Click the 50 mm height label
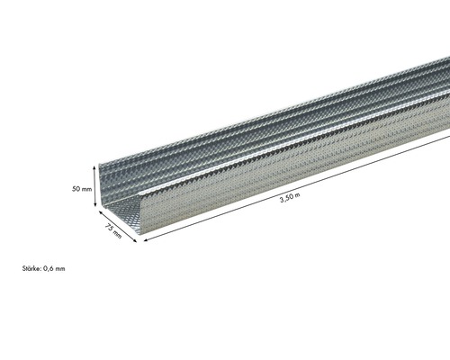(x=82, y=189)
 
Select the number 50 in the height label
(x=76, y=189)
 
